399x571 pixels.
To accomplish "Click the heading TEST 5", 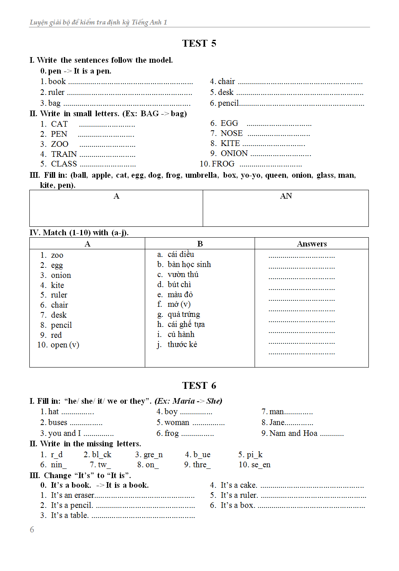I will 199,43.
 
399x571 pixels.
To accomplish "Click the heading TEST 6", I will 199,386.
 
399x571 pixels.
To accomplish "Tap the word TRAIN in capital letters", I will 64,154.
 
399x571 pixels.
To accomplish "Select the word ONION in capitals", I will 234,153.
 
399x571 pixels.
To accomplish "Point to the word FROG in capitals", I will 223,164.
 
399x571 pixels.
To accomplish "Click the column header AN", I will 286,196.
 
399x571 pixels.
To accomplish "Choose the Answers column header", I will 312,244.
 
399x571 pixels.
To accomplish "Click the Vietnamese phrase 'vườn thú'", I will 183,274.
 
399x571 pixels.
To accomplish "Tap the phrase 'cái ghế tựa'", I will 186,324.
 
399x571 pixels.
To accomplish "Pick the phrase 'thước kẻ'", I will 182,344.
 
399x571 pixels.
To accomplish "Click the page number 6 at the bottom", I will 32,530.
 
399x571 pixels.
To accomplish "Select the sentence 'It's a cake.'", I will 239,485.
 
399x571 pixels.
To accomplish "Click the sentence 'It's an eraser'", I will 72,495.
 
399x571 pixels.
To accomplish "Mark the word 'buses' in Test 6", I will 58,422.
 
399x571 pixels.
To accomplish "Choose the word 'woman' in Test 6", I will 177,422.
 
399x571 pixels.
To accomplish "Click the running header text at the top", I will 99,22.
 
